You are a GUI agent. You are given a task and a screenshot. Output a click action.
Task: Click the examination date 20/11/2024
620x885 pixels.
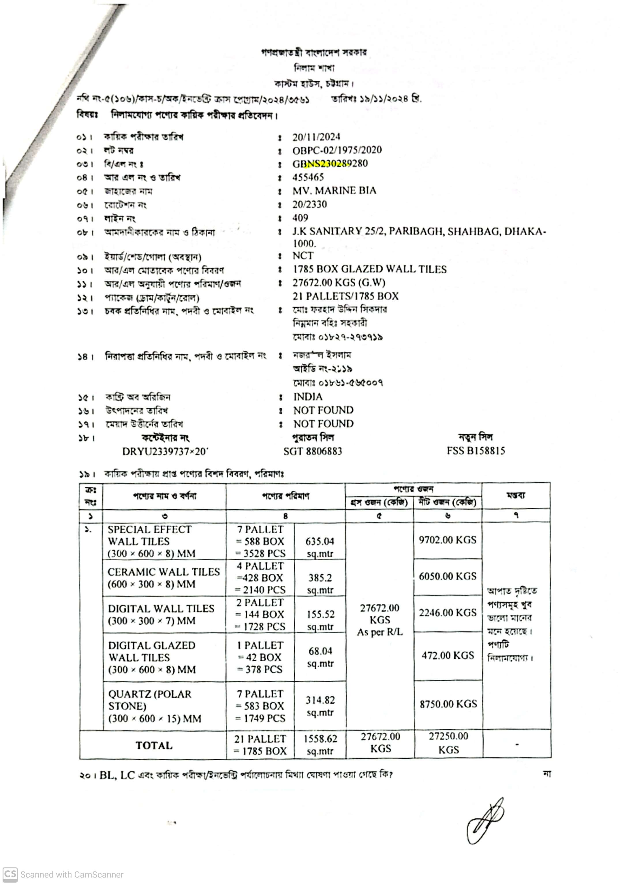(316, 137)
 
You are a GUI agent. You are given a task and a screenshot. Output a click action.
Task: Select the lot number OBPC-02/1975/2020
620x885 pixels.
(337, 150)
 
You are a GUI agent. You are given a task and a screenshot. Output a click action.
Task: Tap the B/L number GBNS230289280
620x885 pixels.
(330, 163)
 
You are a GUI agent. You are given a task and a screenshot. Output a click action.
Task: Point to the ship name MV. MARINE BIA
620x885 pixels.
(334, 191)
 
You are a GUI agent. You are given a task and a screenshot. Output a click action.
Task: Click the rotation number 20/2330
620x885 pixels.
(309, 204)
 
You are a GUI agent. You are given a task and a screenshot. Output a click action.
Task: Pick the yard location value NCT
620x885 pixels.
(303, 256)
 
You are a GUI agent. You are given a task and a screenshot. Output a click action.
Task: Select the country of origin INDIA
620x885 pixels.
(308, 397)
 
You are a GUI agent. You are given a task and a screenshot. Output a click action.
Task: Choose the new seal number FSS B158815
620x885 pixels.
(476, 451)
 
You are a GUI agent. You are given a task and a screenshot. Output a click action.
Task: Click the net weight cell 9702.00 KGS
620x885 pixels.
(448, 540)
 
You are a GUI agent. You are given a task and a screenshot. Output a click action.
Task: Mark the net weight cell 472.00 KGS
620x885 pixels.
(448, 655)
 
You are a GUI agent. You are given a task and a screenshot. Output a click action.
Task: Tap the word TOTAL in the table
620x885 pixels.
(153, 745)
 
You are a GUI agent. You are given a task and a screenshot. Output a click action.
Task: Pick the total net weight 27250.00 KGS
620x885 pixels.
(448, 743)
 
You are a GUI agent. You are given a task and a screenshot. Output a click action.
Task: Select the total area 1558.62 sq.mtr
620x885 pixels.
(320, 744)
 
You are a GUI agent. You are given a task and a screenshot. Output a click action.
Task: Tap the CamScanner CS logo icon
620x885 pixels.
(10, 874)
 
